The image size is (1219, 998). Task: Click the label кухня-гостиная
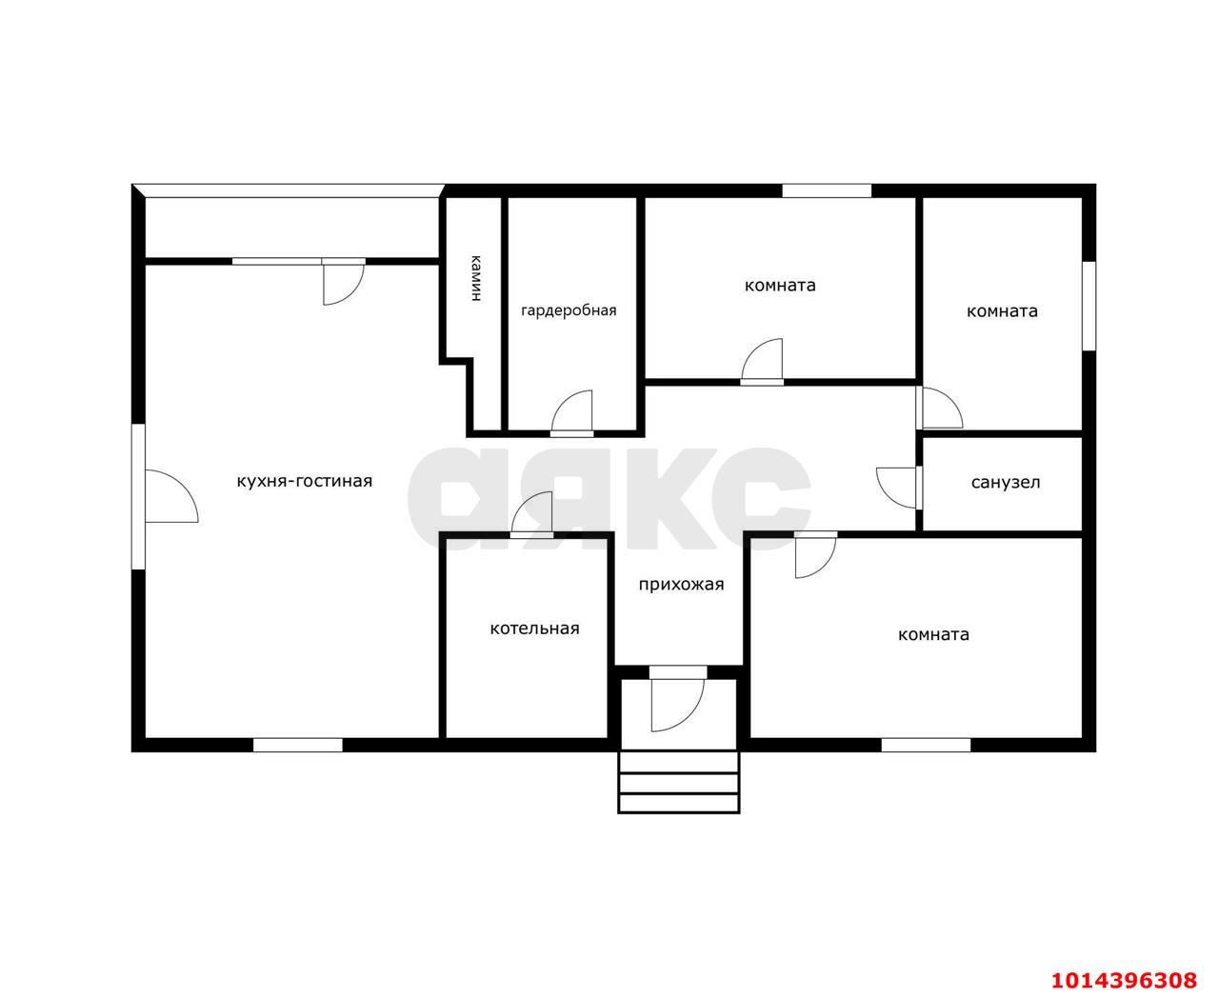click(x=305, y=481)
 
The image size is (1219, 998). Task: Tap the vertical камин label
click(x=475, y=278)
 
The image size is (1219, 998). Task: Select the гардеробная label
click(x=569, y=310)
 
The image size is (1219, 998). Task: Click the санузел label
click(x=1005, y=482)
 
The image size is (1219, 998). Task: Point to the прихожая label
click(x=681, y=585)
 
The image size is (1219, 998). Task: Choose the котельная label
click(x=534, y=629)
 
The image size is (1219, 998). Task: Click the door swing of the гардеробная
click(x=571, y=412)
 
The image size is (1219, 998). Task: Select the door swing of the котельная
click(x=531, y=513)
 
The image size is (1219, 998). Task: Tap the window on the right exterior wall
click(x=1089, y=306)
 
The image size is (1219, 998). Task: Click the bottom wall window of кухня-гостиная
click(x=298, y=745)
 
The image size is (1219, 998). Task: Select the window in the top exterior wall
click(x=827, y=190)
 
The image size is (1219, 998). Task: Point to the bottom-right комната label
click(x=933, y=634)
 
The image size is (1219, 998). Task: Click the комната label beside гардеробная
click(x=780, y=285)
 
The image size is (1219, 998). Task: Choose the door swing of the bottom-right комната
click(x=815, y=556)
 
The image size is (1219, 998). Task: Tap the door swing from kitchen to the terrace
click(x=344, y=283)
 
